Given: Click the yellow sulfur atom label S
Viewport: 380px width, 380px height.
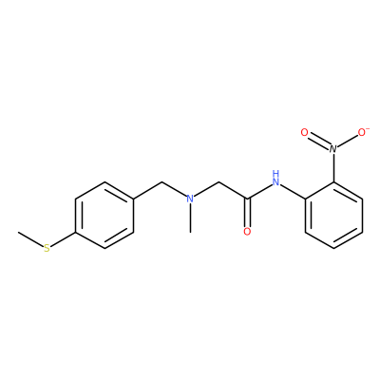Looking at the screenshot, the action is point(47,248).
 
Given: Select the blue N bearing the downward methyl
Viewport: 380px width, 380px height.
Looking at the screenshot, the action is point(190,199).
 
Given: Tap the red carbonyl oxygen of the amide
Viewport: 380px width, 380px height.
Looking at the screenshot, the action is point(247,232).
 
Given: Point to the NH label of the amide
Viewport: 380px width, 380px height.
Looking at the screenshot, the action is point(276,179).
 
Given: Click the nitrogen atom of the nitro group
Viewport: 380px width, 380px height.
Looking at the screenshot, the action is point(333,148).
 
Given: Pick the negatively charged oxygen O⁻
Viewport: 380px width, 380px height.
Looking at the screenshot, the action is point(363,132).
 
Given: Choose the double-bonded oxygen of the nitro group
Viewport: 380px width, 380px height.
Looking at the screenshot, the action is point(304,132).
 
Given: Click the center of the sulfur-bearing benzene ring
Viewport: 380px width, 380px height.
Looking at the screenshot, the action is point(104,216).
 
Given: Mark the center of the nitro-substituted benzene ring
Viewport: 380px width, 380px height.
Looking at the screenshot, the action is point(333,216).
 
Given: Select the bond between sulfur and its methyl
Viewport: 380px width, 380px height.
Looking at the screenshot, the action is point(30,239).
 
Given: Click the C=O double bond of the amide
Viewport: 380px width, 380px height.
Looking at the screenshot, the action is point(247,213).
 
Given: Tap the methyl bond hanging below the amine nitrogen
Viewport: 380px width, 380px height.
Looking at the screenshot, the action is point(190,218).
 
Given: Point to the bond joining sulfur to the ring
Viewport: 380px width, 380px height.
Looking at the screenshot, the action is point(63,239).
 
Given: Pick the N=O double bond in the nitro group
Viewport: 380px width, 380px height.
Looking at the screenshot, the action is point(319,142).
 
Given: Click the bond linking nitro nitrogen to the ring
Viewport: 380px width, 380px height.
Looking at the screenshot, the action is point(333,168).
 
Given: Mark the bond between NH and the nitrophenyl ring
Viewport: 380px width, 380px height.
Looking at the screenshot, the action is point(293,192).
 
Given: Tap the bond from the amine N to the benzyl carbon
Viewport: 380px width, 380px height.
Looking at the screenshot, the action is point(174,189).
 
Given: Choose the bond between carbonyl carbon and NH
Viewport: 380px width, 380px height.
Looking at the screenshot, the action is point(259,192).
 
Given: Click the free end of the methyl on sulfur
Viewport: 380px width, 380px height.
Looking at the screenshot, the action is point(18,232).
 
